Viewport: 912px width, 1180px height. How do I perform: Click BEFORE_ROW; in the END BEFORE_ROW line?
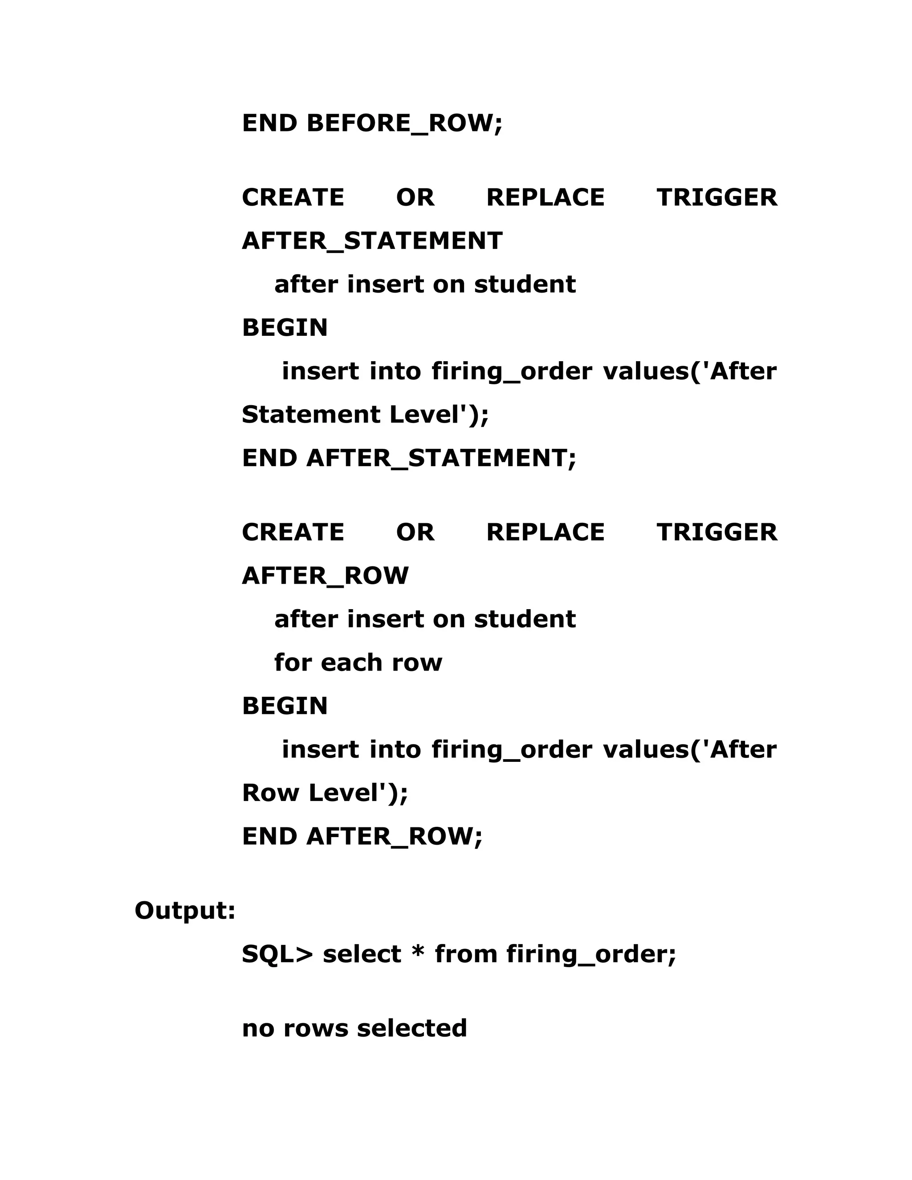[x=405, y=124]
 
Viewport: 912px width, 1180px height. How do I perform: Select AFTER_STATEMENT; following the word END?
[x=441, y=459]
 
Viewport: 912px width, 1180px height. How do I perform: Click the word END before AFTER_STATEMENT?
[x=269, y=458]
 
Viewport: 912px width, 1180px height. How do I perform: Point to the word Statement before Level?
[x=311, y=415]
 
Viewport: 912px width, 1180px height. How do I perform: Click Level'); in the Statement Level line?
[x=439, y=415]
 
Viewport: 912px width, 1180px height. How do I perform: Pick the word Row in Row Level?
[x=270, y=793]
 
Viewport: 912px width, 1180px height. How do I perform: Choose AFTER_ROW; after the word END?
[x=395, y=836]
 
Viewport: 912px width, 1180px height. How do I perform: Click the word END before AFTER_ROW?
[x=269, y=836]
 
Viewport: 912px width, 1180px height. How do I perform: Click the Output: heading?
[x=185, y=911]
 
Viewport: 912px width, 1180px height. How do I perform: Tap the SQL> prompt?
[x=277, y=954]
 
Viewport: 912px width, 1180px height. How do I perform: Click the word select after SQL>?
[x=362, y=954]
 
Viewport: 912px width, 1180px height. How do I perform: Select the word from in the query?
[x=466, y=954]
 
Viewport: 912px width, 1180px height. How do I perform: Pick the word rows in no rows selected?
[x=316, y=1028]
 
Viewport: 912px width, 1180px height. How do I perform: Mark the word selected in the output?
[x=412, y=1028]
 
